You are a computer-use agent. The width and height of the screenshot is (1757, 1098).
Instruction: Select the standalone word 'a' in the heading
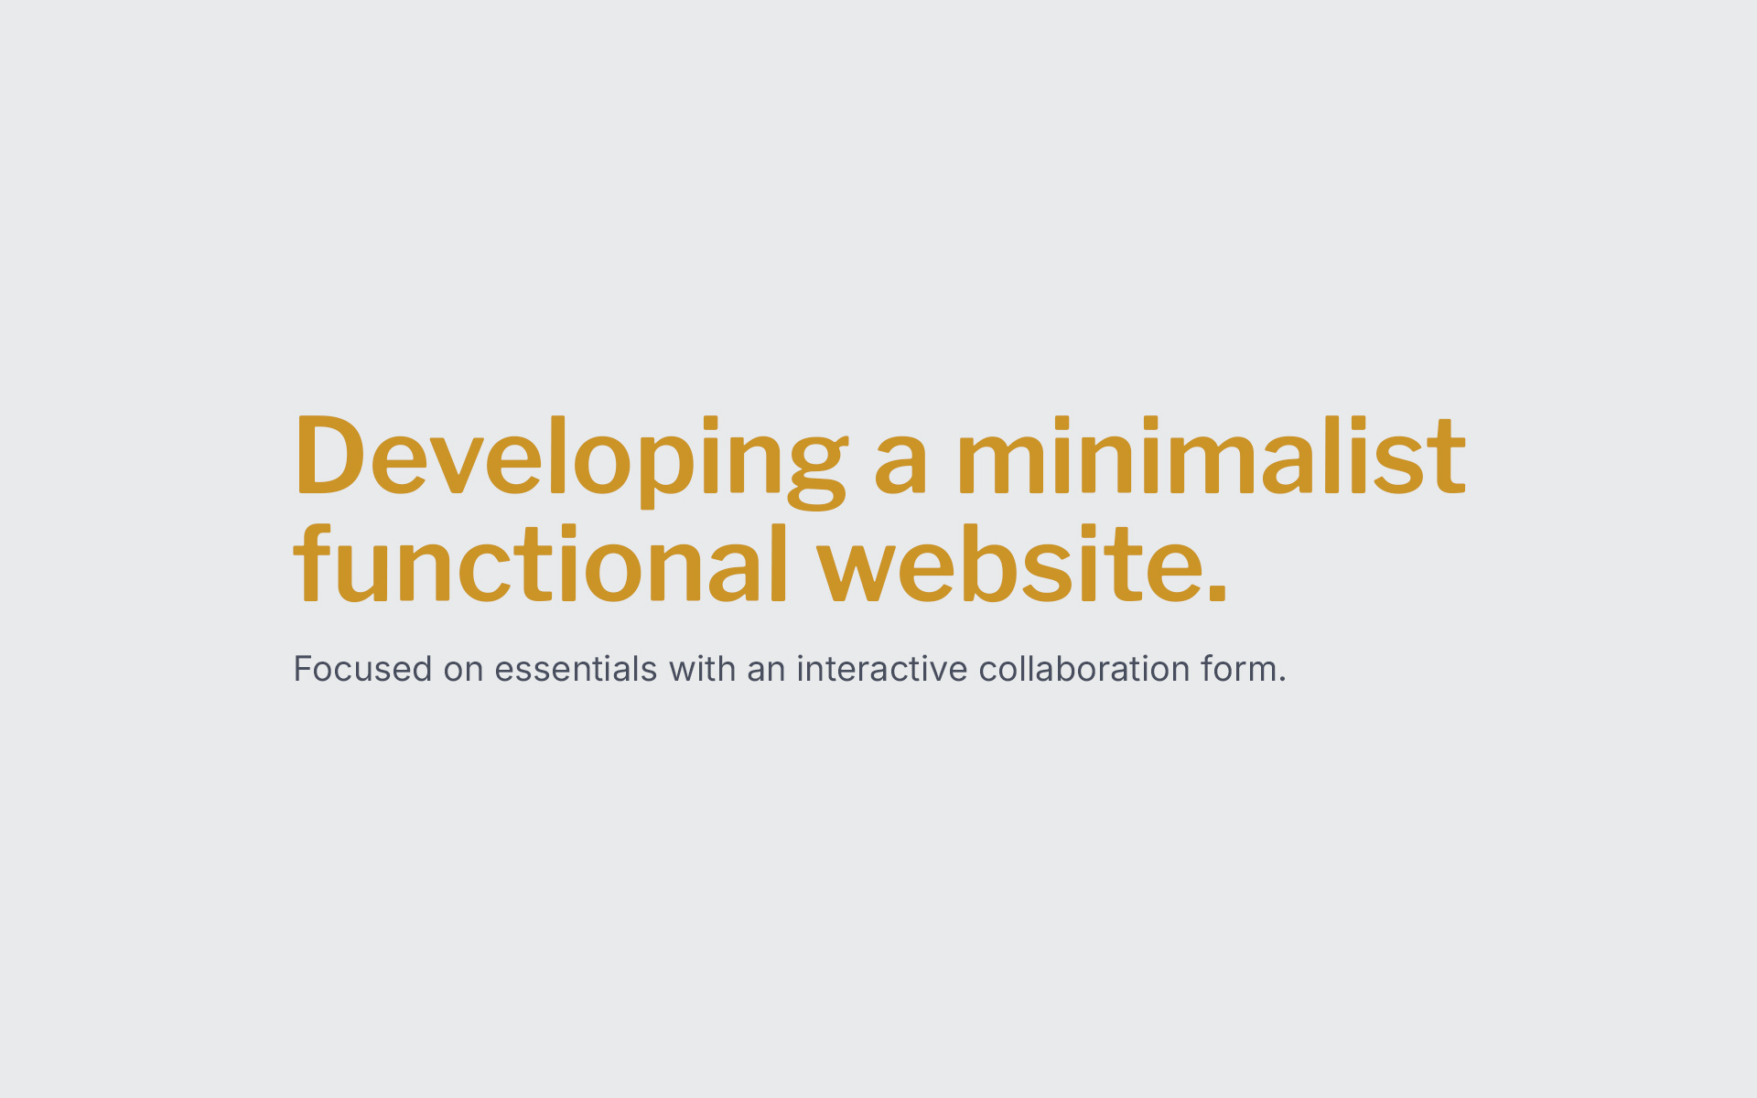(901, 468)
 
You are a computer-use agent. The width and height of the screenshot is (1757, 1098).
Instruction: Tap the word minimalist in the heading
(1212, 455)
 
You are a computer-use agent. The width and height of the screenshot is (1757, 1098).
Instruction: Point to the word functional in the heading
(540, 564)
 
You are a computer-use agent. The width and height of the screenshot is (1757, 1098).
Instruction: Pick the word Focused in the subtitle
(362, 669)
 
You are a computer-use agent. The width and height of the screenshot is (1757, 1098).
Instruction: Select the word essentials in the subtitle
(576, 669)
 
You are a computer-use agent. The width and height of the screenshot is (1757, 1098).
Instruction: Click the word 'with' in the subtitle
(702, 669)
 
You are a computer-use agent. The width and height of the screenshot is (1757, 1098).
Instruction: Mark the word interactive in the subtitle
(882, 669)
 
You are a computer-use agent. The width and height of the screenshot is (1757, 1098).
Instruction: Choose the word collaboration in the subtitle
(1084, 669)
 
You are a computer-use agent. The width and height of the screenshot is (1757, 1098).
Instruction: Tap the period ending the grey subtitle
(1282, 681)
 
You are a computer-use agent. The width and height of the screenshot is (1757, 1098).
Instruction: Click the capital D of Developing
(329, 456)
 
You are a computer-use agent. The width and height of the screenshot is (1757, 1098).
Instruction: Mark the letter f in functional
(310, 564)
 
